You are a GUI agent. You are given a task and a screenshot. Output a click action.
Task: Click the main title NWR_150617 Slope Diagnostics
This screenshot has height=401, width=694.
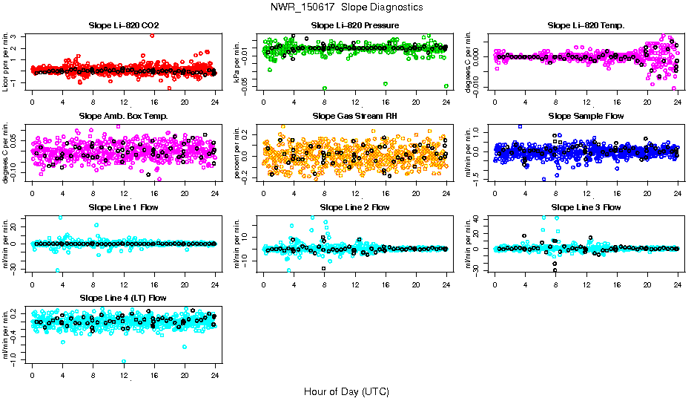pyautogui.click(x=347, y=7)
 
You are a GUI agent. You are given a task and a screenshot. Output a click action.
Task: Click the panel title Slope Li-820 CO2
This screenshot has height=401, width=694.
pyautogui.click(x=123, y=26)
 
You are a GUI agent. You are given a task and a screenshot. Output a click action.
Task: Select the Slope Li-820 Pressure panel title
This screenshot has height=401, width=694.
pyautogui.click(x=355, y=26)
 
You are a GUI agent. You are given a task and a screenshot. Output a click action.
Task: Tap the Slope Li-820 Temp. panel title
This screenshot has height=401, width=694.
pyautogui.click(x=586, y=26)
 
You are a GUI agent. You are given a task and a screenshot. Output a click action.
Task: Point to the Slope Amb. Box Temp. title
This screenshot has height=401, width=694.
pyautogui.click(x=123, y=117)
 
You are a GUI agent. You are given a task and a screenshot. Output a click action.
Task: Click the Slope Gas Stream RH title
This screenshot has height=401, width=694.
pyautogui.click(x=355, y=117)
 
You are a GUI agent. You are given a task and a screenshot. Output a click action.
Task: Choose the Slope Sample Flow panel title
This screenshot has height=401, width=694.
pyautogui.click(x=586, y=117)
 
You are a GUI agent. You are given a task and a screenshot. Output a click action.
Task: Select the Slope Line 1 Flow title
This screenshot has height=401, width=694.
pyautogui.click(x=123, y=207)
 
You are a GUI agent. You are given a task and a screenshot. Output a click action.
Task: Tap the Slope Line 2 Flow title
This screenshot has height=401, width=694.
pyautogui.click(x=355, y=207)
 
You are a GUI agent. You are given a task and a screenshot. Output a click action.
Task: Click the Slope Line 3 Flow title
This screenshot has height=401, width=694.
pyautogui.click(x=586, y=207)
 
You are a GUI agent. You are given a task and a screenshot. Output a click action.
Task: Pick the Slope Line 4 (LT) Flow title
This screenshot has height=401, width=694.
pyautogui.click(x=123, y=299)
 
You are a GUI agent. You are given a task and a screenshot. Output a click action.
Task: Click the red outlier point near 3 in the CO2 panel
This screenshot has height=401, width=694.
pyautogui.click(x=152, y=35)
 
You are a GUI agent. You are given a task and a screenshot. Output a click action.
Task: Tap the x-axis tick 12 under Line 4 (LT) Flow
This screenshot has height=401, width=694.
pyautogui.click(x=124, y=374)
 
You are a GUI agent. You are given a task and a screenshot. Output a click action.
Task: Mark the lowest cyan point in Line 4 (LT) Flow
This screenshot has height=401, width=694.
pyautogui.click(x=124, y=362)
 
